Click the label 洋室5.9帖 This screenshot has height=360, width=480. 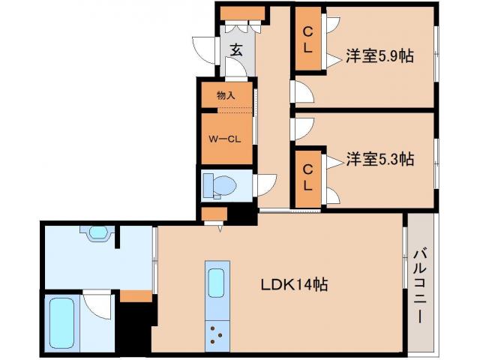coord(380,55)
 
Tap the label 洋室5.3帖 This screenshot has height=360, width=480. coord(380,159)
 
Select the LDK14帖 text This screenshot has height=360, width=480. coord(292,285)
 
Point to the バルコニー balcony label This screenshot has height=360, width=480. coord(420,285)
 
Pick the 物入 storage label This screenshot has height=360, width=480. coord(226,95)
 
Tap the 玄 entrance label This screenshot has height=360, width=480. coord(235,51)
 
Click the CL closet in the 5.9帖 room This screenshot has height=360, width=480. coord(307,40)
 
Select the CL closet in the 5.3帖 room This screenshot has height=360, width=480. coord(307,178)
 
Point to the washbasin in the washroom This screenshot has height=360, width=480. coord(97,233)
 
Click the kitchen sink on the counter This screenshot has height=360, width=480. coord(215,283)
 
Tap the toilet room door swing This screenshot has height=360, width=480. coord(265,184)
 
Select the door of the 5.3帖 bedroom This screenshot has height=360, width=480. coord(301,128)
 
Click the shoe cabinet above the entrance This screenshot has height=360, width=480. coord(241,13)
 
